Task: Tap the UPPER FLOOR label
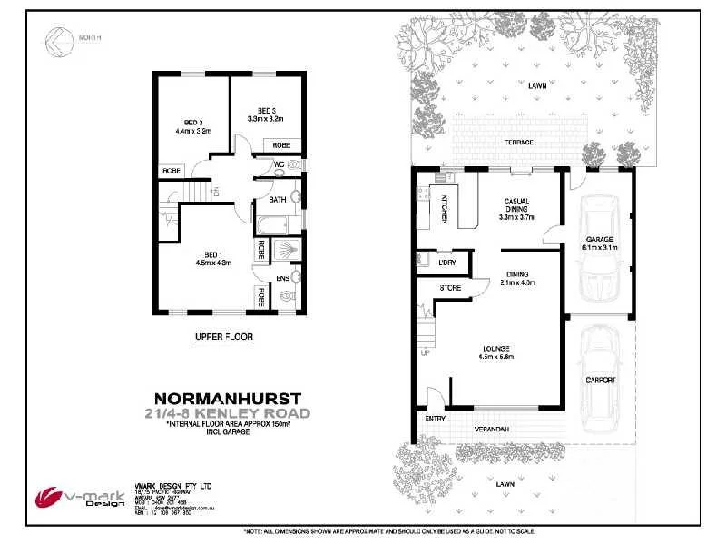point(224,336)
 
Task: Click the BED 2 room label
point(191,123)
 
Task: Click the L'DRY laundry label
point(446,263)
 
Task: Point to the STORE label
point(450,288)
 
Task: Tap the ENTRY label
point(436,419)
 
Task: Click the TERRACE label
point(519,143)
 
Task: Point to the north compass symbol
point(57,39)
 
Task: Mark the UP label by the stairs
point(425,352)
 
